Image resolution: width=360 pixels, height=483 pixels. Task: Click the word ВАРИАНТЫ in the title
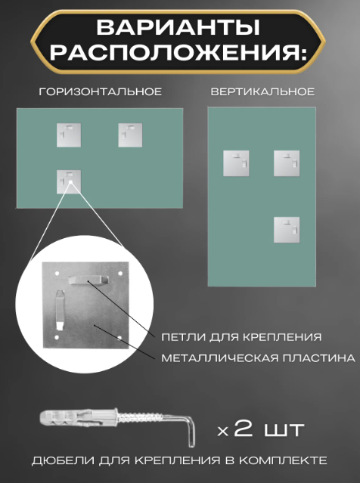point(178,28)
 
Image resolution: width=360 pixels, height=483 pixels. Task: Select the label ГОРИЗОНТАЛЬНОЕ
point(100,91)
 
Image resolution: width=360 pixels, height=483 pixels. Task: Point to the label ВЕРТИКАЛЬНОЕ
point(262,91)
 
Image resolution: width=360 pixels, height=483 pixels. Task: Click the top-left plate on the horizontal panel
point(69,135)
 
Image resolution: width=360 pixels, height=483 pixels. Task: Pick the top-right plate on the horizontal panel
point(130,135)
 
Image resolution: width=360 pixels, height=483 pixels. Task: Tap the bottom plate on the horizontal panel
point(69,181)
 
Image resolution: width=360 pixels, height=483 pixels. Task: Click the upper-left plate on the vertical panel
point(236,163)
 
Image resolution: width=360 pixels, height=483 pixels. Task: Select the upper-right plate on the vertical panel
point(287,163)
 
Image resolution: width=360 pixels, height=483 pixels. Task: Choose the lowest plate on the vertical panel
point(287,230)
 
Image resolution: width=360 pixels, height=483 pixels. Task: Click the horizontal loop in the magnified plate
point(88,280)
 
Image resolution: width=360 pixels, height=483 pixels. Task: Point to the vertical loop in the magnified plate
point(60,310)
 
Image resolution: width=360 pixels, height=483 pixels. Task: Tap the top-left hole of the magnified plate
point(57,273)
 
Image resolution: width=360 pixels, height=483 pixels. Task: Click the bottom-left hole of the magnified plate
point(57,338)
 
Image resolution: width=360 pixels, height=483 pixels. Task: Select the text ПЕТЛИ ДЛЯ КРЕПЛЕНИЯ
point(241,337)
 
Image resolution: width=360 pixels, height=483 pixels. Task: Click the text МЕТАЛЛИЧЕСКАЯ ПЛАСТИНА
point(259,358)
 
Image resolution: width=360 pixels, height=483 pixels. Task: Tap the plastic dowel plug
point(79,418)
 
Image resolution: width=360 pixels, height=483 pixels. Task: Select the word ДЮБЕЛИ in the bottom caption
point(63,460)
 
